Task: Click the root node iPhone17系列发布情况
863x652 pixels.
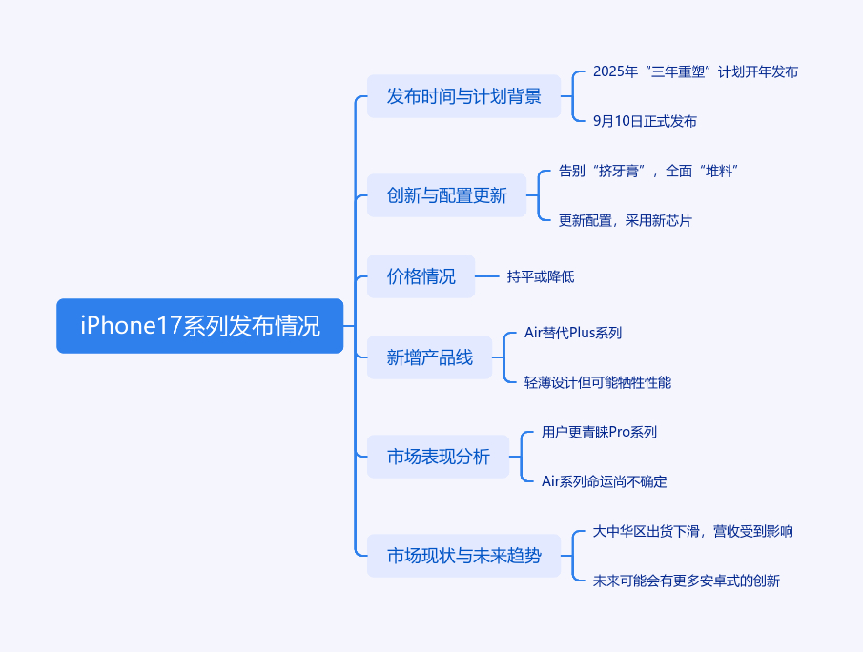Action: [199, 326]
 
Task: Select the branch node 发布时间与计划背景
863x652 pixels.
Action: [463, 96]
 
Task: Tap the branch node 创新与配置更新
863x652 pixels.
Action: [446, 195]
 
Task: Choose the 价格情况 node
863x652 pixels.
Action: [421, 276]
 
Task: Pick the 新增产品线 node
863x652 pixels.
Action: [429, 358]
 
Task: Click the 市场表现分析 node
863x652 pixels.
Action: [438, 457]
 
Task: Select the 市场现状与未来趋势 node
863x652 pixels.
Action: [463, 556]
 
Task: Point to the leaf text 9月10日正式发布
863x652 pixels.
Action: [645, 121]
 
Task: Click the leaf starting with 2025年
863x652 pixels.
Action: [695, 71]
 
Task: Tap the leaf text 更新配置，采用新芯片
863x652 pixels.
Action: [626, 220]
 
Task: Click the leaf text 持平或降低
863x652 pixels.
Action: [541, 276]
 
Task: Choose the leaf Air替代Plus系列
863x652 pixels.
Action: [573, 333]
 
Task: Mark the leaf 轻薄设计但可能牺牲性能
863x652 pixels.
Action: [598, 382]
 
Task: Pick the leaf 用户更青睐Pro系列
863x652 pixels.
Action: [599, 432]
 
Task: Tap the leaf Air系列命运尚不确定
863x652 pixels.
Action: [604, 481]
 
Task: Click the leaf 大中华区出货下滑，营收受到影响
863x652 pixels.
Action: [693, 531]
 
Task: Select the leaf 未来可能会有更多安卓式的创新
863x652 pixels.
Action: [687, 581]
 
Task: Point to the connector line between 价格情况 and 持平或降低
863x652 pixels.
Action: [487, 276]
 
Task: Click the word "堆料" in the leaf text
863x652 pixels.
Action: [719, 171]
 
